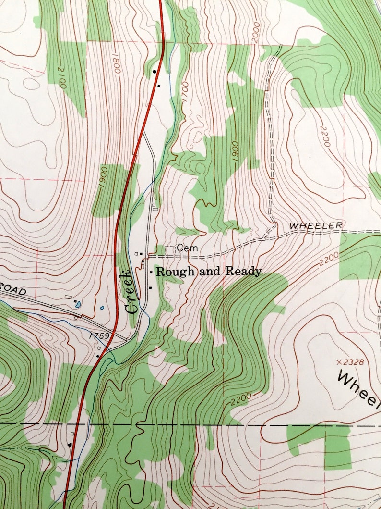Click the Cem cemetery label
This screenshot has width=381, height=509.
tap(184, 248)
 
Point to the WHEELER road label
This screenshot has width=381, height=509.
tap(316, 225)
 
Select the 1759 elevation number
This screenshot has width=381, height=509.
tap(99, 336)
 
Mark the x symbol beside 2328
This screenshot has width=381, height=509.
tap(340, 361)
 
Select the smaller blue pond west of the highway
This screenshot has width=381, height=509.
tap(102, 308)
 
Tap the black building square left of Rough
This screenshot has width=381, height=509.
tap(151, 272)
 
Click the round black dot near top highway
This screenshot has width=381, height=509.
tap(155, 71)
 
